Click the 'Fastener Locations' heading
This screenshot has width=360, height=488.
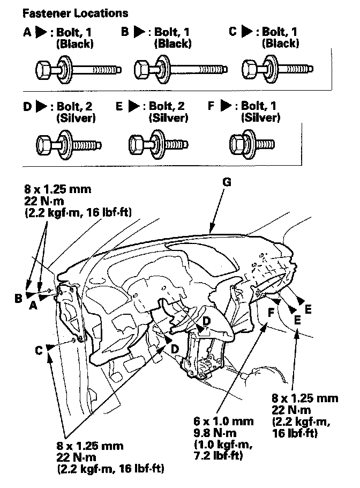(75, 13)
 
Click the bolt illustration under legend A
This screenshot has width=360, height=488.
(78, 69)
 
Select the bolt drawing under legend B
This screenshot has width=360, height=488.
(181, 69)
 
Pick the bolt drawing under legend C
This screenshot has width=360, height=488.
(277, 69)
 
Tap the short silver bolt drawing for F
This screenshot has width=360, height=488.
(252, 144)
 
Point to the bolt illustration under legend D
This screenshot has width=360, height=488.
(69, 145)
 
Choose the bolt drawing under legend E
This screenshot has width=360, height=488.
(158, 145)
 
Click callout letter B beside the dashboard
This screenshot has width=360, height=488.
(19, 298)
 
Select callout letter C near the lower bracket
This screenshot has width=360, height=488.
(39, 350)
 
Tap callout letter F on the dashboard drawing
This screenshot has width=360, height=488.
(272, 312)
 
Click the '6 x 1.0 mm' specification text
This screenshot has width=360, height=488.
(223, 421)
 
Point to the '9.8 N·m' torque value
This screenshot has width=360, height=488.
(215, 433)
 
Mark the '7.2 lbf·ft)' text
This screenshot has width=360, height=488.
(218, 456)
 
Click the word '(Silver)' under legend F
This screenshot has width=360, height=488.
(260, 117)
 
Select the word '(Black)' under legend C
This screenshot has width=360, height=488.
(280, 43)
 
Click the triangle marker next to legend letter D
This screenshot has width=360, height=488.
(41, 106)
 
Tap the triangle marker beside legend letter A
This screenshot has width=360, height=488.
(41, 32)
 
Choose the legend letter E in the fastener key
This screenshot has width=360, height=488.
(119, 106)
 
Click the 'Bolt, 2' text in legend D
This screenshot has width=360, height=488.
(74, 106)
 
